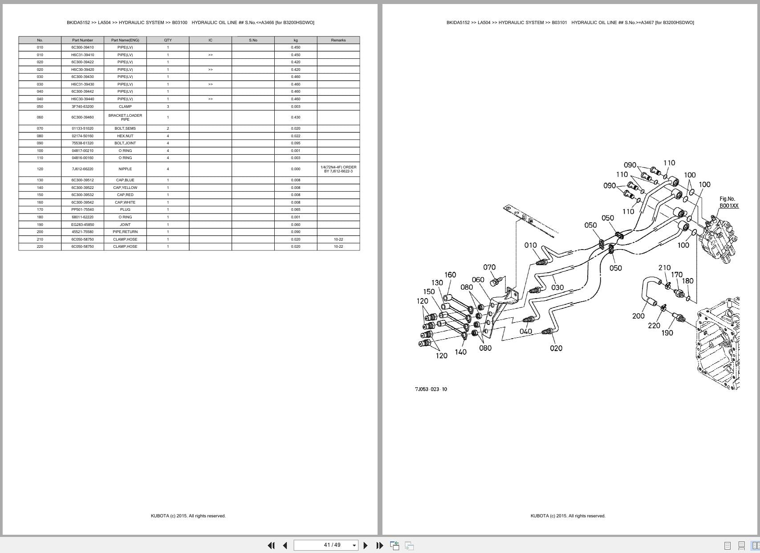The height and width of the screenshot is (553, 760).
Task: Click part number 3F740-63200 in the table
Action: tap(82, 107)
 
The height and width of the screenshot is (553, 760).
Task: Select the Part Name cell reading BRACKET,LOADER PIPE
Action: tap(125, 117)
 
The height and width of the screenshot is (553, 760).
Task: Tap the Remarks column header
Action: tap(338, 40)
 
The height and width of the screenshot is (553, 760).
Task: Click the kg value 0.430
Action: tap(296, 117)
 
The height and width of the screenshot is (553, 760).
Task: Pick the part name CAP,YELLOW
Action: tap(125, 188)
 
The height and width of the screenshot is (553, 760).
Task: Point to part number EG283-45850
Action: tap(82, 225)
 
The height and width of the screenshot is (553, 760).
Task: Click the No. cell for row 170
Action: tap(40, 209)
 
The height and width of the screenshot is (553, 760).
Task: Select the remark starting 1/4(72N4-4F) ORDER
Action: tap(338, 169)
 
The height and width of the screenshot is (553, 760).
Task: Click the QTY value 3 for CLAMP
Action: tap(168, 107)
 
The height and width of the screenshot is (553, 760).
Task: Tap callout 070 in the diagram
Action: tap(489, 267)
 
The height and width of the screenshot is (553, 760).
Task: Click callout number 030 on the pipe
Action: tap(557, 288)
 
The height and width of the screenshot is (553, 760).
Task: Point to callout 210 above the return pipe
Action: tap(664, 268)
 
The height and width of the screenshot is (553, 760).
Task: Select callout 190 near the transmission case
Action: tap(667, 333)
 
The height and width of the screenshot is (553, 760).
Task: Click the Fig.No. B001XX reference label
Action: tap(728, 202)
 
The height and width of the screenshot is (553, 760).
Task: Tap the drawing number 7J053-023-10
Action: tap(431, 389)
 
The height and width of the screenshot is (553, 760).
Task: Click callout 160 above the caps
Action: tap(450, 275)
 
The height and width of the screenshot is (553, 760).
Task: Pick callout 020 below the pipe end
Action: tap(556, 348)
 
